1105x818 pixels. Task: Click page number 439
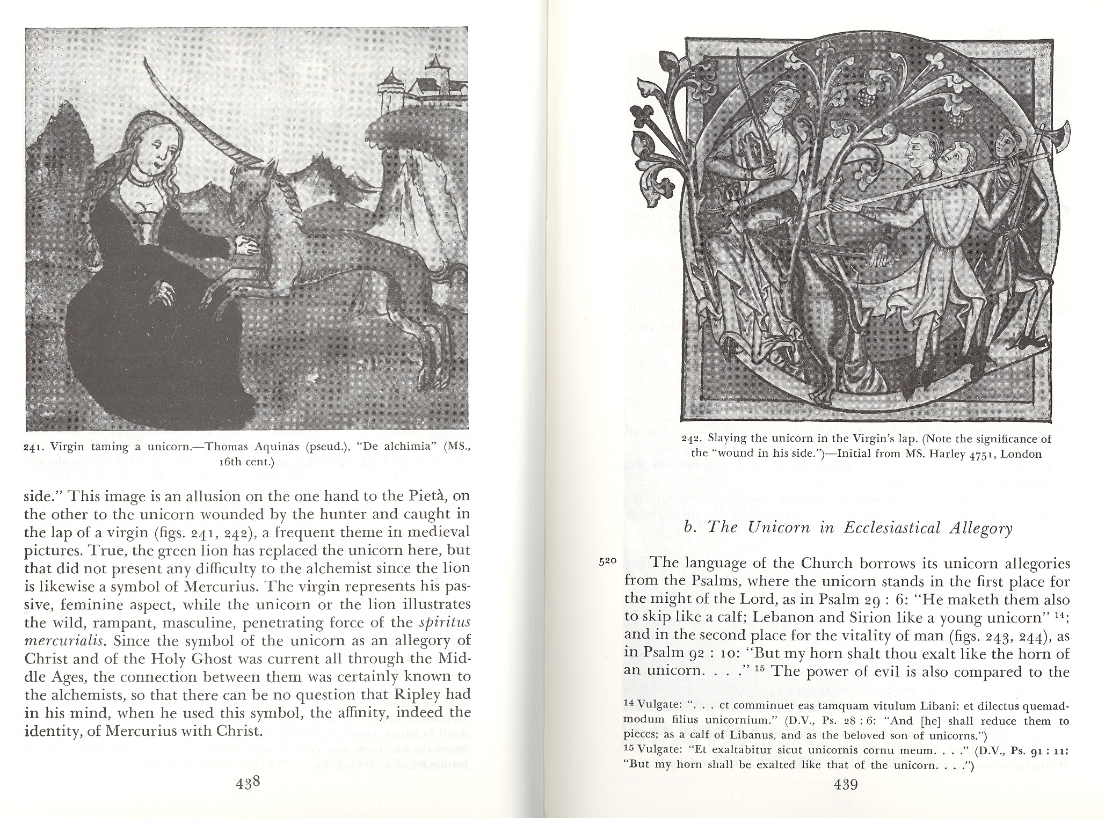click(x=846, y=785)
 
